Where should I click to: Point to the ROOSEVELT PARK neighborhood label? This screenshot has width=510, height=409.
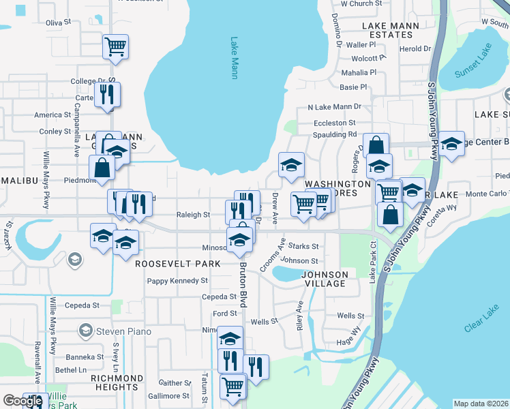[177, 263]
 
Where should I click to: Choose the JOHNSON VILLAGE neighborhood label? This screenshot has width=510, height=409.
[325, 279]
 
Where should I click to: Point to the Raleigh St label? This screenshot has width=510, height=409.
[193, 215]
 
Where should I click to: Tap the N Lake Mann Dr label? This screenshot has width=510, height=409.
[334, 107]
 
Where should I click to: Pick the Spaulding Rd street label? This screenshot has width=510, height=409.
[335, 134]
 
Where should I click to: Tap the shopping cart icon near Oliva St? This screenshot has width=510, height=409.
[116, 47]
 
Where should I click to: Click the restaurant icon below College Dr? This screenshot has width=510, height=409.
[107, 94]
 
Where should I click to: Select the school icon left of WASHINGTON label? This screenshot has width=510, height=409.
[291, 165]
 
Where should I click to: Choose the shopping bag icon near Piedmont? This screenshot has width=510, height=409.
[102, 168]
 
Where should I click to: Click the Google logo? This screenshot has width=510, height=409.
[22, 401]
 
